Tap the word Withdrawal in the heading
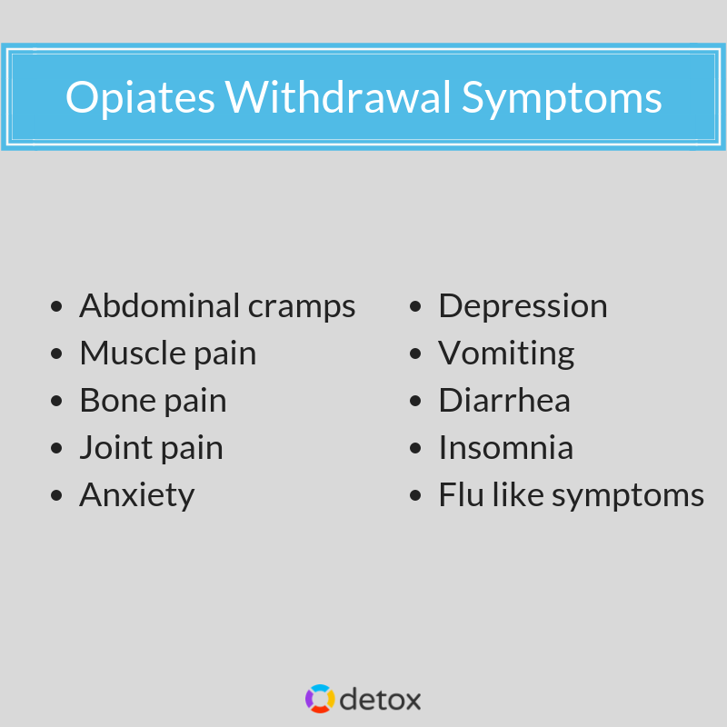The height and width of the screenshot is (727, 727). (x=338, y=97)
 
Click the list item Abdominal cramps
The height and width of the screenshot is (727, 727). (x=217, y=306)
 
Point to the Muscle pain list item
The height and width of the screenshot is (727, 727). (x=167, y=354)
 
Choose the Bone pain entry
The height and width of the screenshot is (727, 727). (x=153, y=401)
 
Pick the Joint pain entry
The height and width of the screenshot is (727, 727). (x=151, y=448)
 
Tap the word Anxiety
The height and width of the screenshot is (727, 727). (x=136, y=495)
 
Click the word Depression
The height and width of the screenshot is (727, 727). (x=523, y=306)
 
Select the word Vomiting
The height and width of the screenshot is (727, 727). (x=506, y=354)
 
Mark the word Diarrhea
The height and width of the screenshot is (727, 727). (x=504, y=401)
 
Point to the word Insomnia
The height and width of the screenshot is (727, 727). (x=505, y=448)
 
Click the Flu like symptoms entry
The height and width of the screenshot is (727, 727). (x=571, y=495)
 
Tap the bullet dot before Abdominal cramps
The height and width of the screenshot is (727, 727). (x=58, y=307)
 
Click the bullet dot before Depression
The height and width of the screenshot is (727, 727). (x=416, y=307)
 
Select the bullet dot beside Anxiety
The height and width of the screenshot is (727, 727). (x=58, y=496)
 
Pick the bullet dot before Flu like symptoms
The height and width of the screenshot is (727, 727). (x=416, y=496)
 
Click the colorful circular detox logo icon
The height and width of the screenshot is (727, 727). (x=320, y=699)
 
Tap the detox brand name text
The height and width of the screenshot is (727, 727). (x=381, y=699)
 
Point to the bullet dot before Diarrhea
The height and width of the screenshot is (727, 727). (x=416, y=402)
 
